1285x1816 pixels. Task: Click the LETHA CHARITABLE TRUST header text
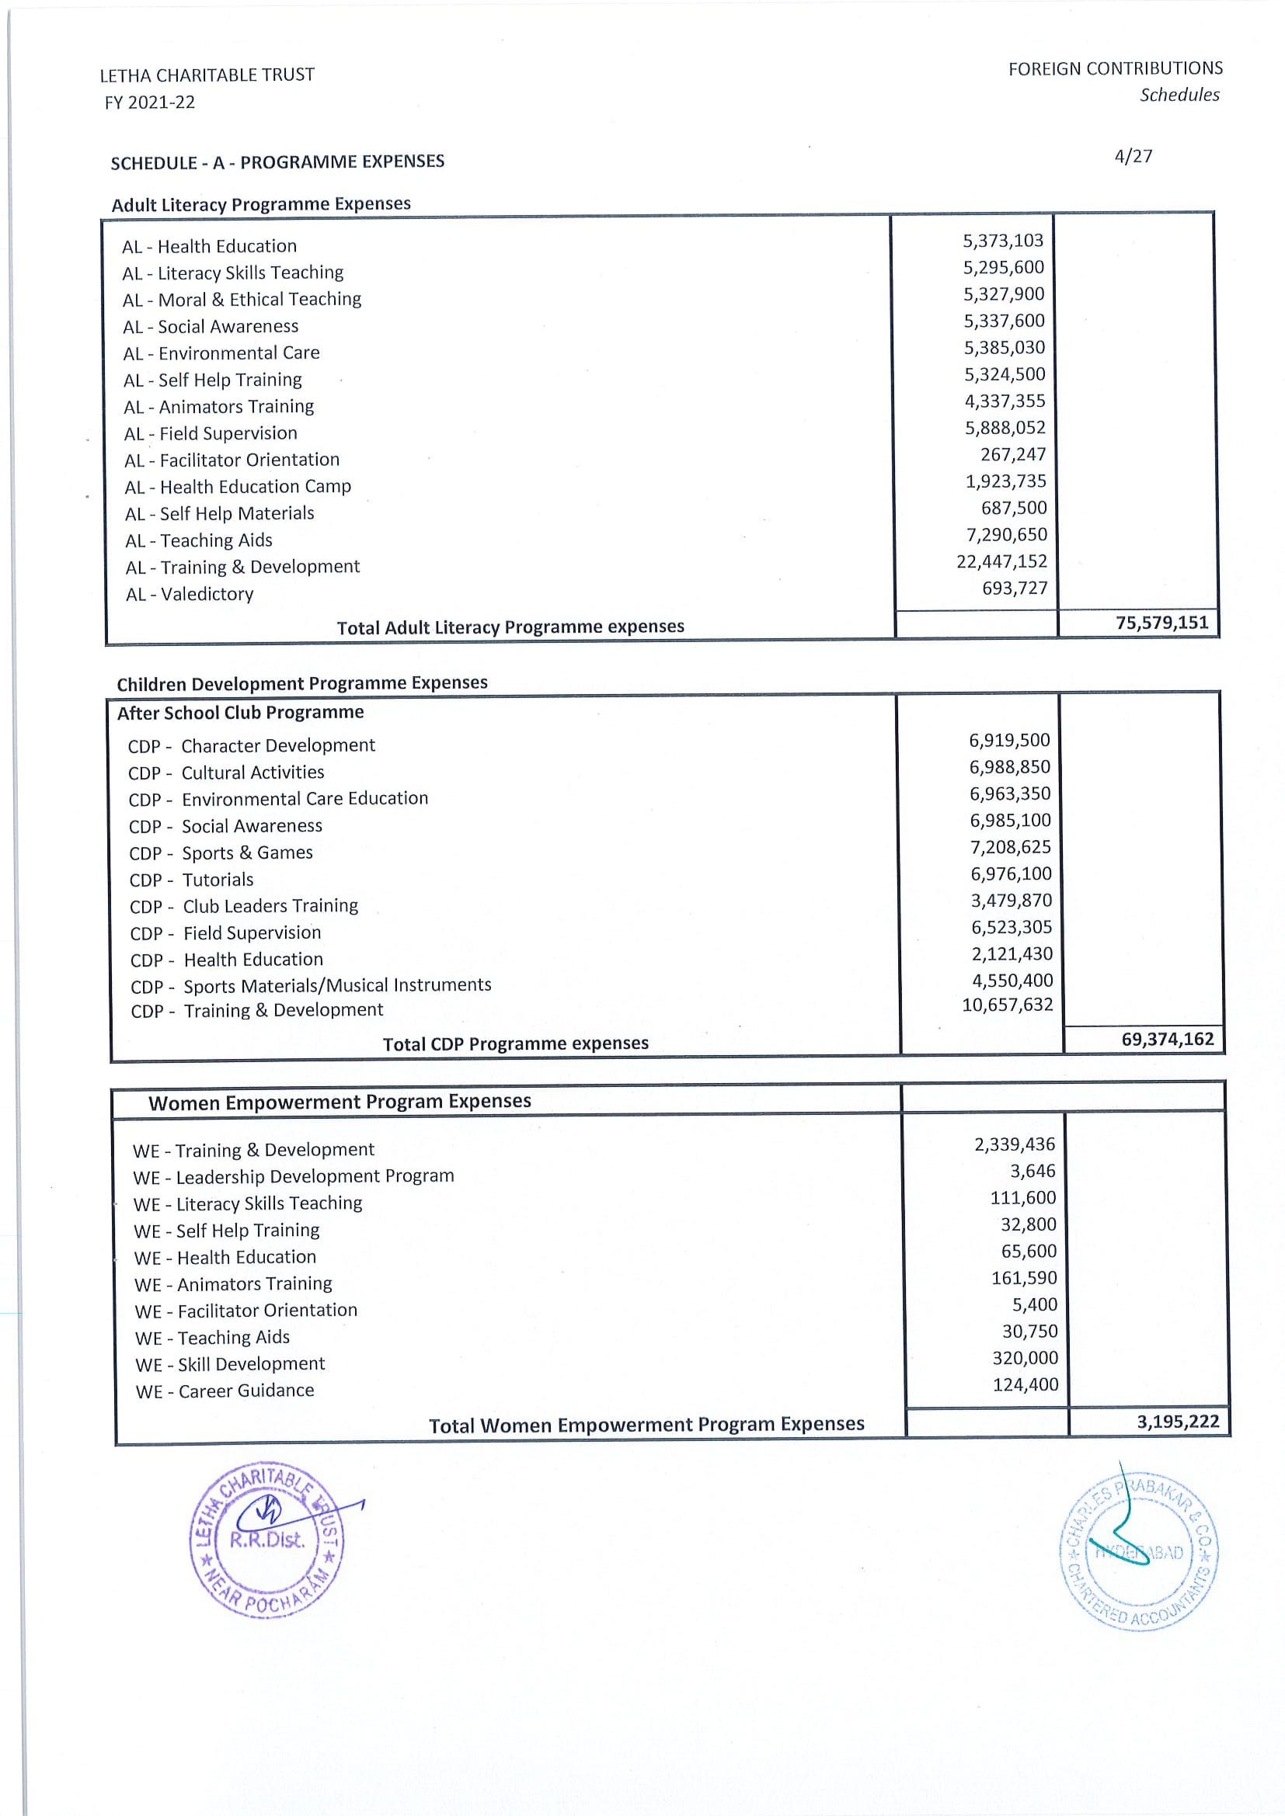point(207,75)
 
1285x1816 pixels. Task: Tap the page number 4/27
point(1132,156)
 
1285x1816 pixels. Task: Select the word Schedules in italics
point(1179,95)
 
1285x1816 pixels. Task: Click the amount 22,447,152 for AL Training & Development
point(1001,561)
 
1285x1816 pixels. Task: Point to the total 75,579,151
point(1161,623)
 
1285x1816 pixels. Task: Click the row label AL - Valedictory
point(189,594)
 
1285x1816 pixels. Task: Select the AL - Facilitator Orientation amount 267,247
point(1013,455)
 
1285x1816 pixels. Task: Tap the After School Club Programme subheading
point(241,713)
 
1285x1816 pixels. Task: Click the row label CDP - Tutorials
point(191,880)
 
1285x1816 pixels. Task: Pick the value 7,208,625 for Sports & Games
point(1011,847)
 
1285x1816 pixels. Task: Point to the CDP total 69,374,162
point(1167,1040)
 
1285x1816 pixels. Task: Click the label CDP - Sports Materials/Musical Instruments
point(310,985)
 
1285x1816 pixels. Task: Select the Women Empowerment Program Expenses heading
point(340,1102)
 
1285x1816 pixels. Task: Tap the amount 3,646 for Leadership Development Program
point(1033,1172)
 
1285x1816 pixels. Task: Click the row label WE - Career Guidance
point(225,1391)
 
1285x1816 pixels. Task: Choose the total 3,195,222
point(1177,1422)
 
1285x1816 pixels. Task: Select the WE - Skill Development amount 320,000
point(1025,1358)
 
